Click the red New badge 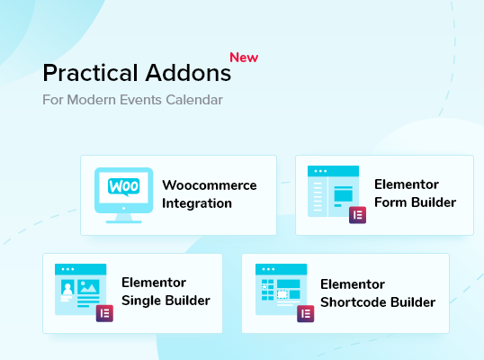pos(244,58)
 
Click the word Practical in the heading pos(91,73)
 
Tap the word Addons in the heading pos(188,73)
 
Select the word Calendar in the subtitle pos(194,100)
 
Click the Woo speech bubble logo pos(123,186)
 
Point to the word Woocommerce pos(210,185)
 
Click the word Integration pos(197,203)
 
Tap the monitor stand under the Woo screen pos(123,219)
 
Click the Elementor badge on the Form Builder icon pos(357,215)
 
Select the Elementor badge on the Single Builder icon pos(104,313)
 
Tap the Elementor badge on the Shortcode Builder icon pos(306,314)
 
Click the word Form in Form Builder pos(390,202)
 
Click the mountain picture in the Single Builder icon pos(88,287)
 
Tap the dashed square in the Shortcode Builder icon pos(282,294)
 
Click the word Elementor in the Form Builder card pos(407,184)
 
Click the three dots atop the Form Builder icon pos(320,171)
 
